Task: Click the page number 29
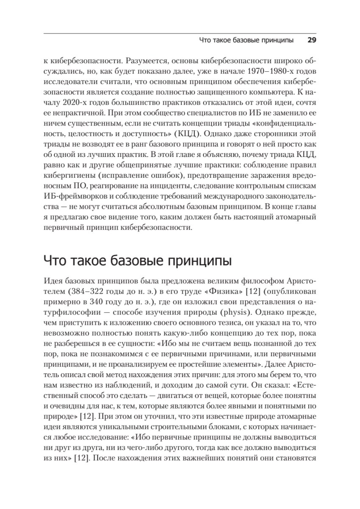[x=312, y=41]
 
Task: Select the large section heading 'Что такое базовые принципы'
[x=137, y=260]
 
